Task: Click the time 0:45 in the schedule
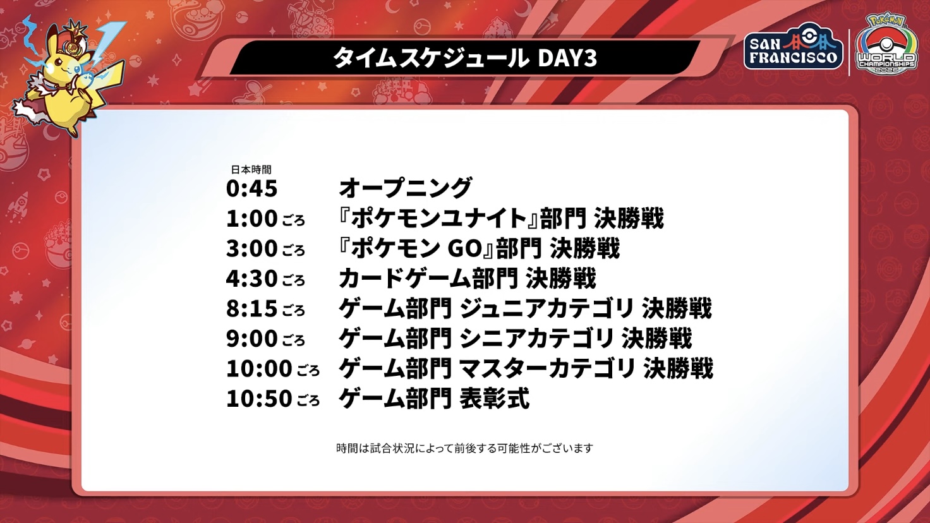click(x=251, y=188)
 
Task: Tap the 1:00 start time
click(x=251, y=219)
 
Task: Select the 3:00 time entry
click(x=251, y=249)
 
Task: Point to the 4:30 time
click(x=251, y=279)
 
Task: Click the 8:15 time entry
click(x=251, y=309)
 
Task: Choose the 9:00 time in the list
click(x=251, y=339)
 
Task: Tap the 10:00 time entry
click(x=259, y=369)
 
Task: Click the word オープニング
click(x=406, y=188)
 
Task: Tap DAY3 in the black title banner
click(x=567, y=58)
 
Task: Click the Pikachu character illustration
click(x=68, y=77)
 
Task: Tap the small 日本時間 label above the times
click(x=251, y=170)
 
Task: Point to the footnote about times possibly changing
click(x=464, y=448)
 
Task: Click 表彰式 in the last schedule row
click(x=495, y=399)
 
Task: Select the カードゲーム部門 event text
click(x=428, y=279)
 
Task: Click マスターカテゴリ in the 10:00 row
click(x=547, y=369)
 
